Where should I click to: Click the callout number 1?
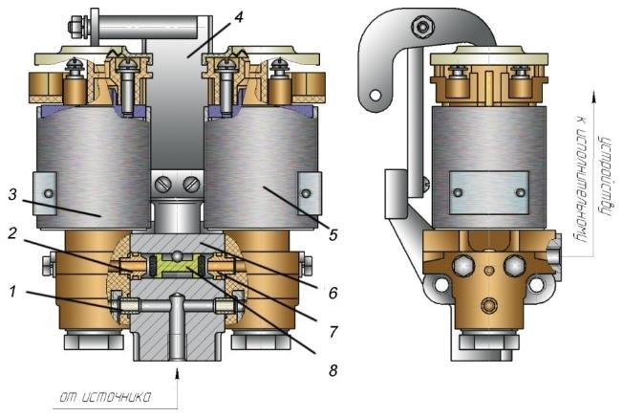[13, 292]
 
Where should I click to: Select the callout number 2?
[12, 233]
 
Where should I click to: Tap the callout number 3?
[12, 195]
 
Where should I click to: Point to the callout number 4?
[238, 17]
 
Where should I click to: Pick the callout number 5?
[333, 235]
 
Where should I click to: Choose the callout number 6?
[333, 293]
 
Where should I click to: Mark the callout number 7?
[333, 331]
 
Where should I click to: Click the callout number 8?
[333, 370]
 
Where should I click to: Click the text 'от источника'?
[106, 397]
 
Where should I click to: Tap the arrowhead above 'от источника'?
[177, 374]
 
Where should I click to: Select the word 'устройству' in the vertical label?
[604, 176]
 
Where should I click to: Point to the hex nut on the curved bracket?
[422, 27]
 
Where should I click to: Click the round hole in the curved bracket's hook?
[375, 96]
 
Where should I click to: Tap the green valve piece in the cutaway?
[175, 266]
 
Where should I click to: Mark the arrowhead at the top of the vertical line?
[594, 97]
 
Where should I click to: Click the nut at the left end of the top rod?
[75, 28]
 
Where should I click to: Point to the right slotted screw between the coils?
[191, 185]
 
